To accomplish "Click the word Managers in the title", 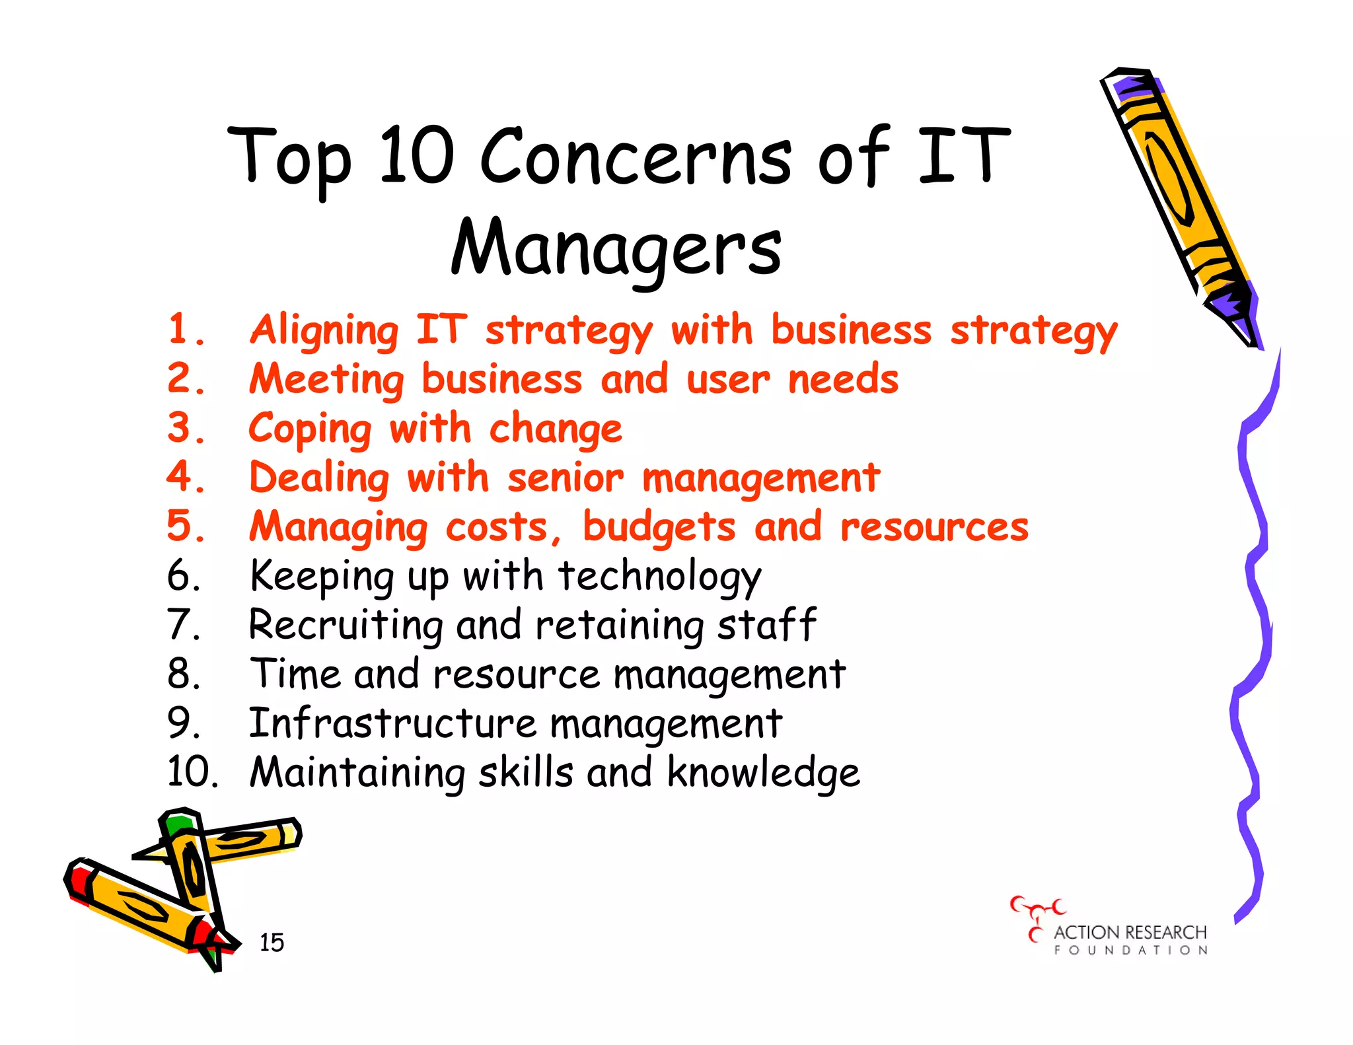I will tap(616, 248).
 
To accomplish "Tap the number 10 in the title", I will tap(417, 156).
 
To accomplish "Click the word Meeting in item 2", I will tap(326, 380).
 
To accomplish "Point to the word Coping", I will tap(310, 430).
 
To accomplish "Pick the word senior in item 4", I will tap(565, 478).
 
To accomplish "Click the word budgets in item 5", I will tap(659, 527).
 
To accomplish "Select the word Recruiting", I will tap(345, 626).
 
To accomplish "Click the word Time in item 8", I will tap(295, 674).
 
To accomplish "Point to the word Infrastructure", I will tap(392, 723).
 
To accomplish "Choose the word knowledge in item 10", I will tap(763, 772).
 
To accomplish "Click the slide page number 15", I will tap(272, 943).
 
